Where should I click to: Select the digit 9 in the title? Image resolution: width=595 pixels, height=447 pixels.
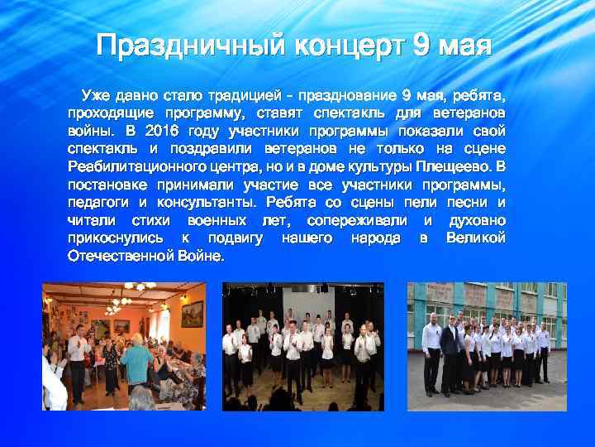click(421, 46)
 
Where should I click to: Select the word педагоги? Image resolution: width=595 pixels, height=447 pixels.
click(96, 202)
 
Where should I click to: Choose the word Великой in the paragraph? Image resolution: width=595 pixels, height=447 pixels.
click(475, 238)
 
